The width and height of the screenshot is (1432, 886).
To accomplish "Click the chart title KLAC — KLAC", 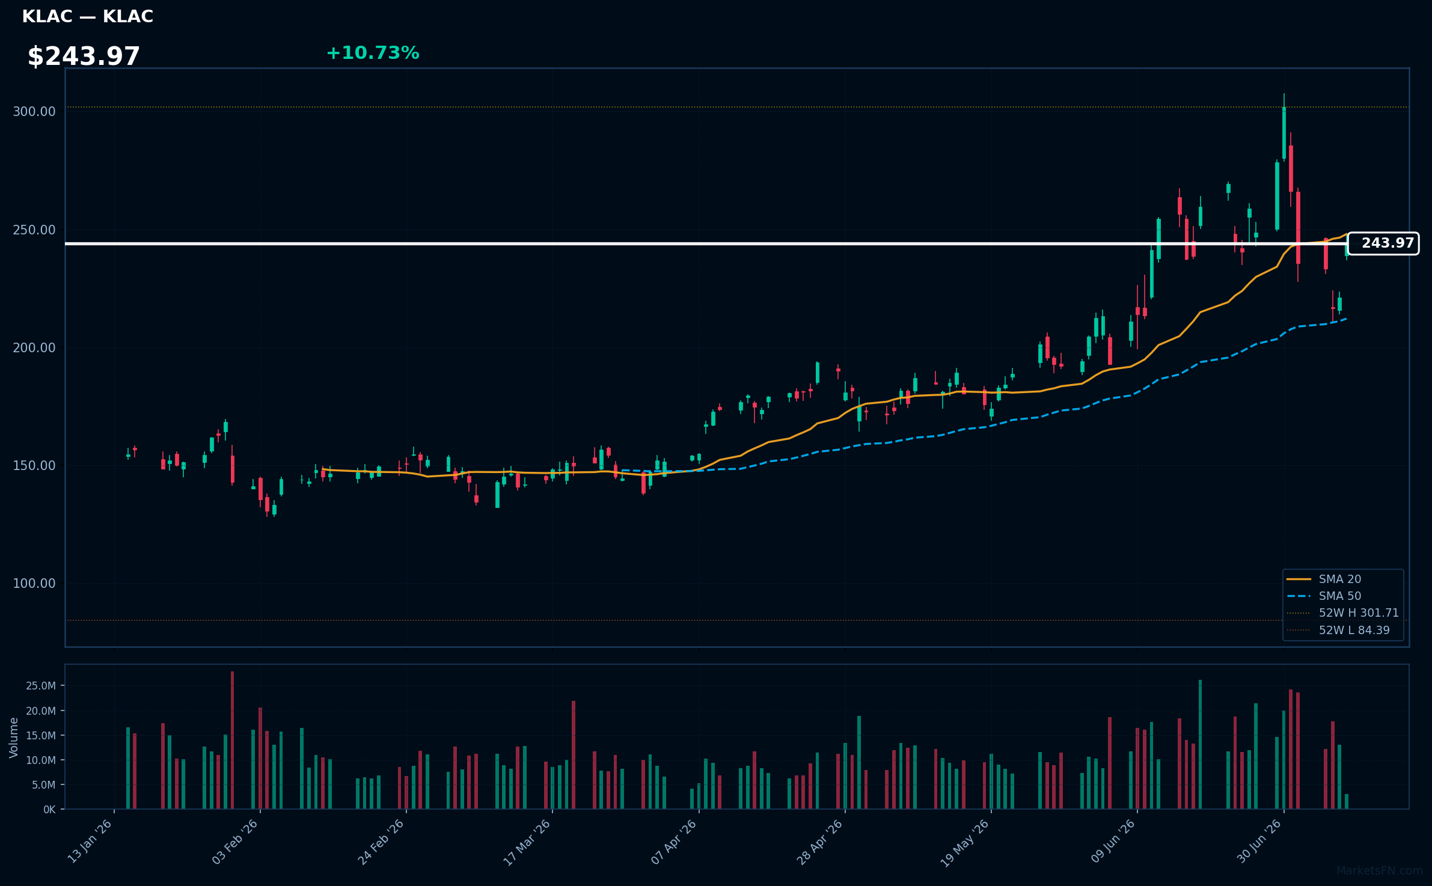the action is tap(88, 17).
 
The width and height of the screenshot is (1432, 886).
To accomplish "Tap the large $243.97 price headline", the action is tap(84, 57).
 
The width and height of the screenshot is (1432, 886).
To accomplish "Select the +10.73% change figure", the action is tap(373, 53).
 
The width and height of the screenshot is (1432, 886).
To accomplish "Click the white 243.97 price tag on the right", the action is tap(1383, 243).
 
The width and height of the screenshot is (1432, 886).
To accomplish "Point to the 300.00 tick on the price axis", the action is tap(34, 112).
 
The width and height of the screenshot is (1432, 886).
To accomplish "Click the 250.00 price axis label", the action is tap(34, 230).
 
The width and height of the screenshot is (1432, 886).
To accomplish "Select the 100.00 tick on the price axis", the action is tap(34, 584).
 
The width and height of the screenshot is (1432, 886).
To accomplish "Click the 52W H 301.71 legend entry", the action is tap(1342, 613).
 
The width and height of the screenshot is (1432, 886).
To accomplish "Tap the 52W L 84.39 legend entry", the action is tap(1338, 631).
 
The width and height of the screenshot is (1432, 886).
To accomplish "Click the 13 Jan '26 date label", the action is tap(90, 842).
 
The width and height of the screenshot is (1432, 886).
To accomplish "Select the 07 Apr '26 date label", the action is tap(675, 842).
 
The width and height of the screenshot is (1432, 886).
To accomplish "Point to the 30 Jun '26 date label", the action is tap(1259, 842).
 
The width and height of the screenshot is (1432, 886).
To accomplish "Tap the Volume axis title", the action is tap(14, 738).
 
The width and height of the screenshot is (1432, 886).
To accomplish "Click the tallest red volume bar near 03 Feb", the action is tap(232, 740).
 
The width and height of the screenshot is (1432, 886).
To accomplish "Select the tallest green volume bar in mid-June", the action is tap(1200, 744).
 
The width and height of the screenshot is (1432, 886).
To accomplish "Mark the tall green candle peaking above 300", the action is tap(1284, 133).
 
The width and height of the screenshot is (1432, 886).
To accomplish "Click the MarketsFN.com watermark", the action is tap(1380, 871).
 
